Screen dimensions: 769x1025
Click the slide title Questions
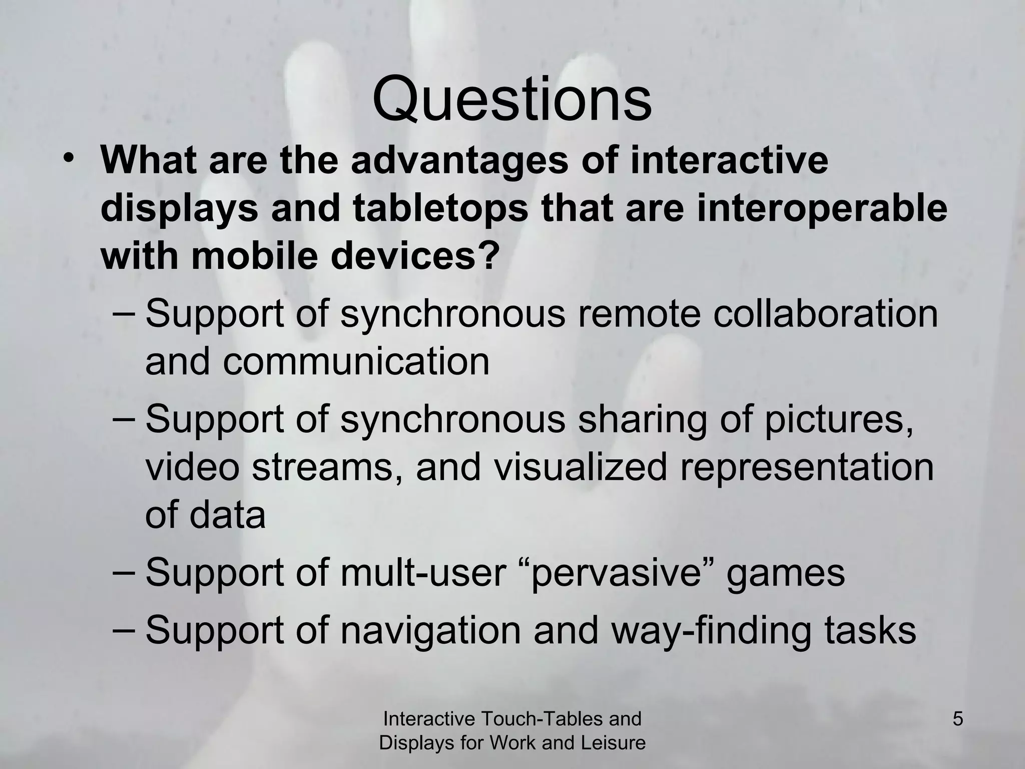coord(512,99)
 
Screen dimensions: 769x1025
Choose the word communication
coord(356,361)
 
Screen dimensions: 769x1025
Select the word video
coord(192,467)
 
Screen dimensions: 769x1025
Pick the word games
coord(785,572)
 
